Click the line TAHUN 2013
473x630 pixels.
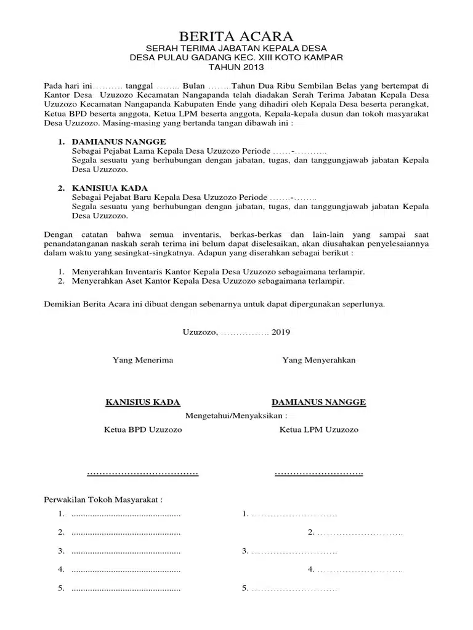click(236, 67)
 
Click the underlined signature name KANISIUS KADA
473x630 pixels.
click(143, 402)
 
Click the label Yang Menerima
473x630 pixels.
click(142, 360)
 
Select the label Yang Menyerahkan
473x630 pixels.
click(318, 360)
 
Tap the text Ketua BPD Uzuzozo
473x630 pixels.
click(142, 430)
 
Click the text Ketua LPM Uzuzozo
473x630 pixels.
click(318, 430)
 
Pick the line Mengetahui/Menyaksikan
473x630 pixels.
click(237, 415)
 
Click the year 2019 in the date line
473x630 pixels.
click(280, 332)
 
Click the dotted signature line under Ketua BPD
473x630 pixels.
click(142, 473)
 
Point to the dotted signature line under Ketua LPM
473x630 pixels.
click(318, 473)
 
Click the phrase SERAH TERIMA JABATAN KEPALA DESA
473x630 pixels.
click(236, 48)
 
